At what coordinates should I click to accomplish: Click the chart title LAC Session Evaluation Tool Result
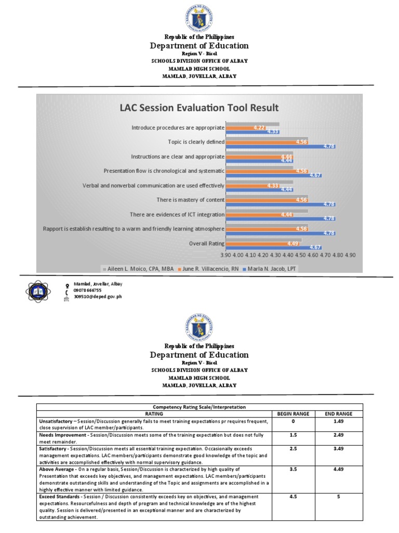click(x=199, y=108)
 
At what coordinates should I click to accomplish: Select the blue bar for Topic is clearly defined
click(x=281, y=146)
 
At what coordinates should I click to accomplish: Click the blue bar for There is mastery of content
click(x=281, y=205)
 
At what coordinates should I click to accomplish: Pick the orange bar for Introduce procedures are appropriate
click(x=247, y=128)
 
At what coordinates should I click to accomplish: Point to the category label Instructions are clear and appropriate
click(x=178, y=156)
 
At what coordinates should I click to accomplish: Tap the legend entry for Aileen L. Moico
click(x=139, y=269)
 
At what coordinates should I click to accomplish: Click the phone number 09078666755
click(x=88, y=290)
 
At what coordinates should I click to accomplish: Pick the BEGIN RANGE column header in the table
click(x=293, y=413)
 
